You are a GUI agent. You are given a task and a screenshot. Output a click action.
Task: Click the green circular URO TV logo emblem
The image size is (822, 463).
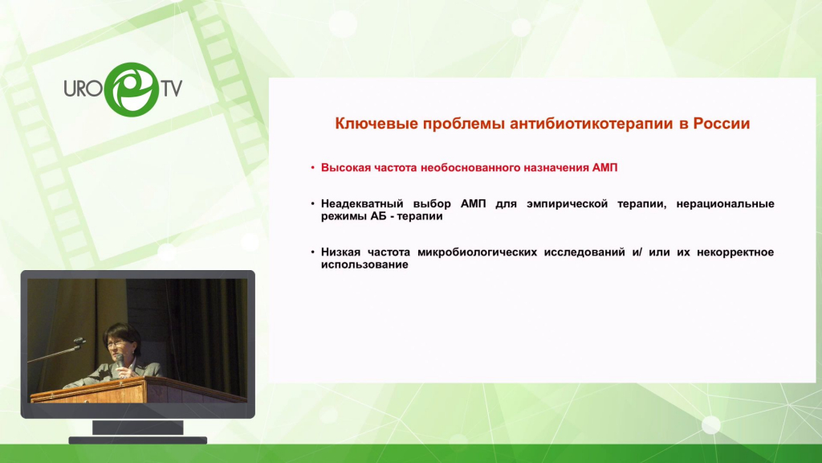[131, 89]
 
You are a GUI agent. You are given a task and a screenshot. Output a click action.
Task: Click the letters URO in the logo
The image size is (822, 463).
[83, 88]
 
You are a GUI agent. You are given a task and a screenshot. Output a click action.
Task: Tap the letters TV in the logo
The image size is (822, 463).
[172, 88]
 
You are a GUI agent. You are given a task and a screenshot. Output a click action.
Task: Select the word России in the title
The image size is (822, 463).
[722, 123]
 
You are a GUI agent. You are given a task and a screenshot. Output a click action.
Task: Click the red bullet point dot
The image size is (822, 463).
[312, 168]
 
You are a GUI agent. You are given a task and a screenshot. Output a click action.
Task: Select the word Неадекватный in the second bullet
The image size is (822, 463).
[362, 203]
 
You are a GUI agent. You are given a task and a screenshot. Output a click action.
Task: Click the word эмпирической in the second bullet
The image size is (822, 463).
[568, 203]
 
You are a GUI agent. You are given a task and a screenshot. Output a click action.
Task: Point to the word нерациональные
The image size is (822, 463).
[725, 203]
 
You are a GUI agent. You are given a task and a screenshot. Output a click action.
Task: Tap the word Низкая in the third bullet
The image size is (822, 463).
[340, 252]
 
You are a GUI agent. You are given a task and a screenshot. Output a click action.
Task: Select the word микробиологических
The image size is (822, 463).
[477, 252]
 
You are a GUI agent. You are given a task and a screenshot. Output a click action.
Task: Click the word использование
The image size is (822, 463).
[364, 264]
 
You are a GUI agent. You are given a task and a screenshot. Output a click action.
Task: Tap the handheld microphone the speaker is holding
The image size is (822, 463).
[120, 363]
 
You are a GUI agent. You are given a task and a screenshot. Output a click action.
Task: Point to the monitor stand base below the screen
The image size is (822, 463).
[138, 440]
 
